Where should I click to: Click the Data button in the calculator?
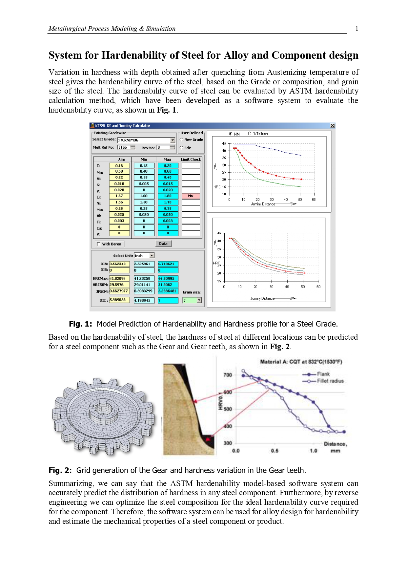pos(163,244)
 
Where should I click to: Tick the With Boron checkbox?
pos(99,244)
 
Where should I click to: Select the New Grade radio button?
pos(181,139)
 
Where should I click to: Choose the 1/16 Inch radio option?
pos(250,134)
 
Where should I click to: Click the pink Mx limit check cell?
pos(191,196)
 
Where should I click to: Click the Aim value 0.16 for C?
pos(119,166)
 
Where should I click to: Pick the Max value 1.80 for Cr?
pos(168,196)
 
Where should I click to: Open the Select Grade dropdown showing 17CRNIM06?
pos(173,140)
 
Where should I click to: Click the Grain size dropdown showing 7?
pos(199,300)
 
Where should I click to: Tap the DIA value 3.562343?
pos(119,264)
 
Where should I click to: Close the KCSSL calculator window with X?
pos(332,126)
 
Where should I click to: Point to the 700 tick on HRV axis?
pos(228,375)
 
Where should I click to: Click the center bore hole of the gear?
pos(103,408)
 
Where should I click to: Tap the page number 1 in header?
pos(356,29)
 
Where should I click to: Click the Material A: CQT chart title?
pos(301,362)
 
